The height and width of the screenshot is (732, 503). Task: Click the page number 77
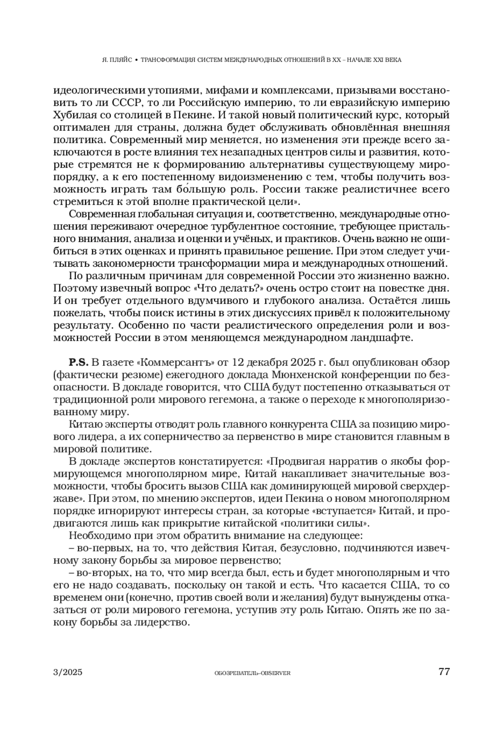pos(444,672)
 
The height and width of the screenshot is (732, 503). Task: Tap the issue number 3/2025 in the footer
pos(68,672)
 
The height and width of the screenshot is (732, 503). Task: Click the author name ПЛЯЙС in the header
pos(120,60)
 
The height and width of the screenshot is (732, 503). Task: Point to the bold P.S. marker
pos(78,362)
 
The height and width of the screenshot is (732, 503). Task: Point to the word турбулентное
pos(245,228)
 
